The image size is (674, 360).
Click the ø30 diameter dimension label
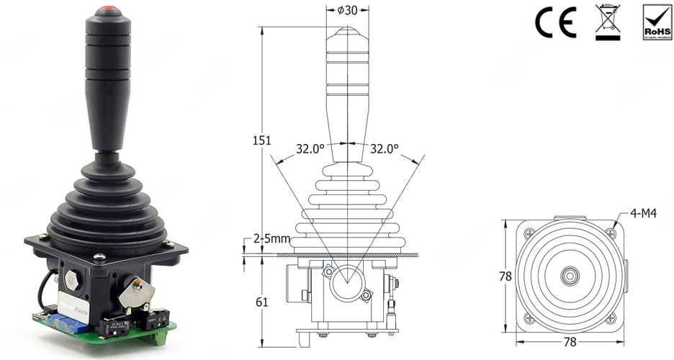(x=349, y=10)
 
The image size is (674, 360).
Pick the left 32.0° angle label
(x=310, y=150)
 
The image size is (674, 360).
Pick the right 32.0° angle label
(x=384, y=150)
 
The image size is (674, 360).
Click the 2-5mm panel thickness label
(x=271, y=238)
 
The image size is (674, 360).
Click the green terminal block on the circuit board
(x=158, y=336)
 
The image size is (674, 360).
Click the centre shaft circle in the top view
(x=570, y=276)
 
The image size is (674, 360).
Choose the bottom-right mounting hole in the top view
(x=611, y=318)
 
